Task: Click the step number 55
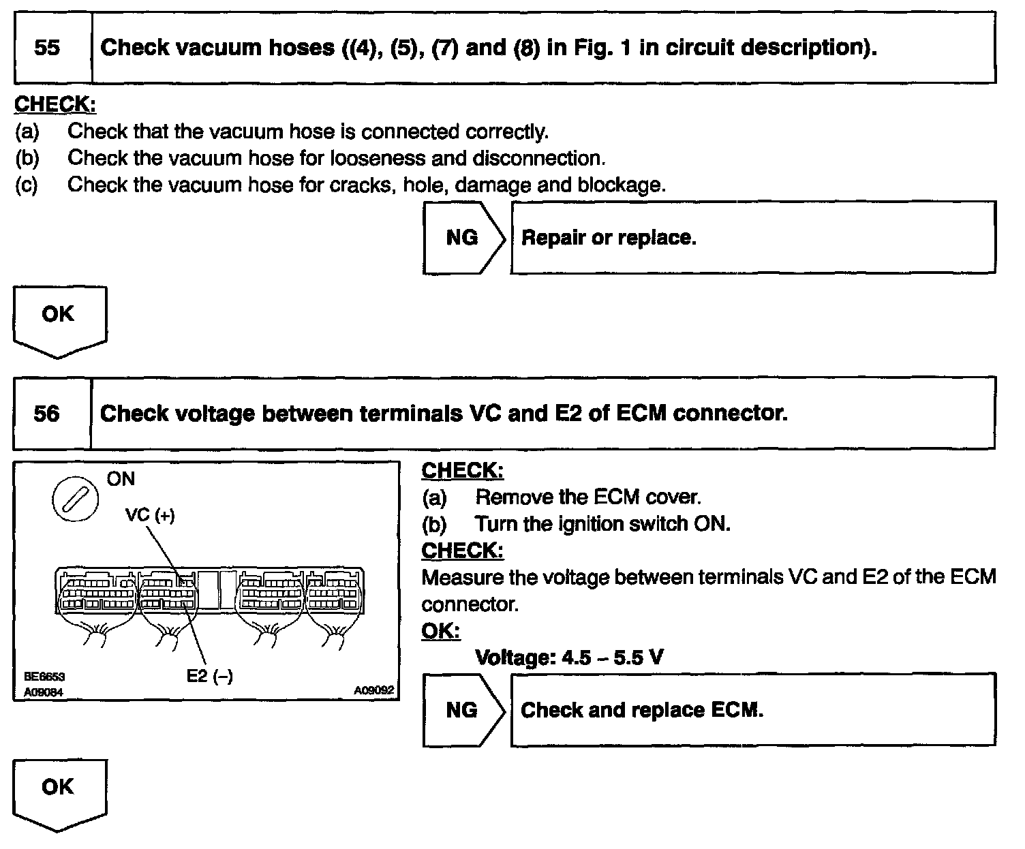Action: [x=46, y=48]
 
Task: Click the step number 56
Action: [x=46, y=414]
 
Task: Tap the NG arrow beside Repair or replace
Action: [x=462, y=238]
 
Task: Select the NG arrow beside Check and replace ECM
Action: [x=462, y=711]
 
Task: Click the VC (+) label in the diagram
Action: [x=150, y=515]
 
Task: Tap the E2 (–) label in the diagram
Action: [x=209, y=676]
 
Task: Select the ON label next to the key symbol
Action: [x=121, y=479]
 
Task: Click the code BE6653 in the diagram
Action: [x=44, y=677]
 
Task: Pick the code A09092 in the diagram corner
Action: [x=373, y=690]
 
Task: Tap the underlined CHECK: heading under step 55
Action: [x=55, y=104]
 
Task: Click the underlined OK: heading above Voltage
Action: [x=441, y=631]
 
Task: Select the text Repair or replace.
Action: [x=608, y=238]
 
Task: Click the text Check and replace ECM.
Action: [x=641, y=711]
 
